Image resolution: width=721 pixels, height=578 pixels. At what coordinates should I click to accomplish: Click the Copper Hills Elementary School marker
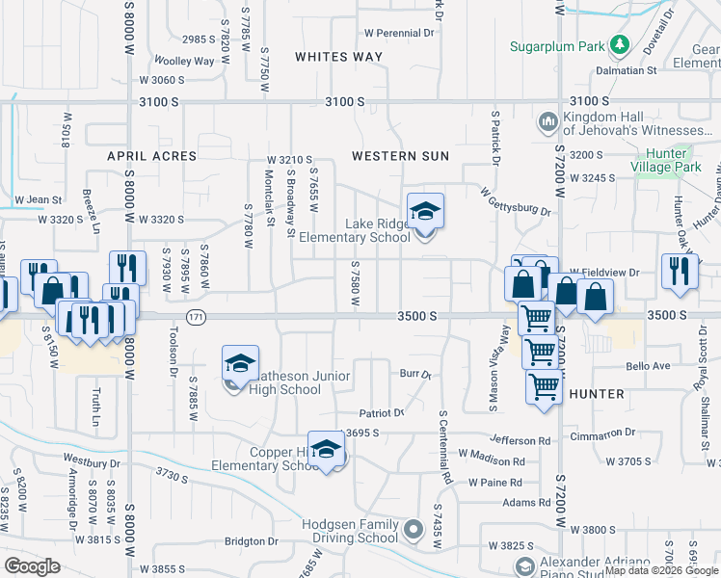click(327, 449)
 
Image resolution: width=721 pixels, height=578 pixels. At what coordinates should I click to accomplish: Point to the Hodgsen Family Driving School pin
click(414, 529)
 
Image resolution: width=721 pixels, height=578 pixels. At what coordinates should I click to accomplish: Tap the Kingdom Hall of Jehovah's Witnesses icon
click(547, 121)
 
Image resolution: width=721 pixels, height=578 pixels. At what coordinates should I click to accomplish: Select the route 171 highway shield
click(197, 316)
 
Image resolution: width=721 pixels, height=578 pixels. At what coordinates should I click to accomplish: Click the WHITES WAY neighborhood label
click(338, 57)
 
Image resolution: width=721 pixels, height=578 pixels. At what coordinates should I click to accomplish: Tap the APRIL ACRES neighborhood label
click(151, 155)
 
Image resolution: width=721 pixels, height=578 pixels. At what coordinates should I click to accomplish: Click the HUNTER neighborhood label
click(597, 394)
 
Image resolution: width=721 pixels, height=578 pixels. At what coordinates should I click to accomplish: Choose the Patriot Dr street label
click(382, 413)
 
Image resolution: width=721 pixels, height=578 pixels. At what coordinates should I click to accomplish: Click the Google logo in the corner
click(32, 566)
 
